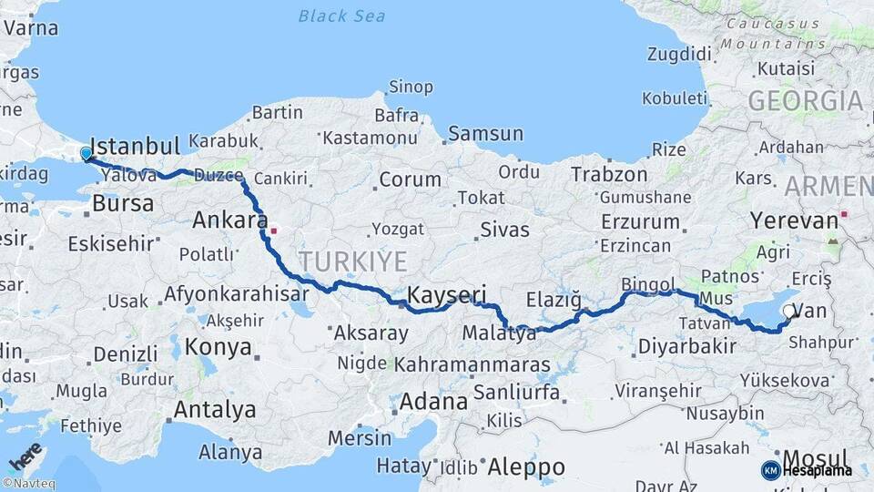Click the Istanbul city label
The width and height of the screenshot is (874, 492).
tap(136, 147)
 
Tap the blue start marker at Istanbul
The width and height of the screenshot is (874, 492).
tap(86, 154)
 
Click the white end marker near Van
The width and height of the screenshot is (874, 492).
tap(788, 312)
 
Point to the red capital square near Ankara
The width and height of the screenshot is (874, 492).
tap(273, 231)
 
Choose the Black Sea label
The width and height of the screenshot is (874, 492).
tap(341, 15)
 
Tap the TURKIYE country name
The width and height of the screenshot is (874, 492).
tap(353, 261)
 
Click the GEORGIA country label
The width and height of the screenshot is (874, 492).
tap(805, 101)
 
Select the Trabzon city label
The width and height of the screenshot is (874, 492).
tap(609, 174)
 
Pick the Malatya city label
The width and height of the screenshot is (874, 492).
tap(499, 333)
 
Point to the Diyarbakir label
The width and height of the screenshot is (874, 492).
tap(686, 346)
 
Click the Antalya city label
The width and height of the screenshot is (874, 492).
tap(215, 410)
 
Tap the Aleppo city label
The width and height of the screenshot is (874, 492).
tap(526, 467)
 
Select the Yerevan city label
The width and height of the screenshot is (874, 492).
tap(793, 220)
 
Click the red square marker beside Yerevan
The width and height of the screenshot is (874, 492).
tap(845, 214)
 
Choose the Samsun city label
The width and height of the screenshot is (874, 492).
tap(484, 134)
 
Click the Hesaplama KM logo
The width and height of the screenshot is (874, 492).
tap(807, 470)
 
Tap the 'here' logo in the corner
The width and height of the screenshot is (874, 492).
tap(25, 455)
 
